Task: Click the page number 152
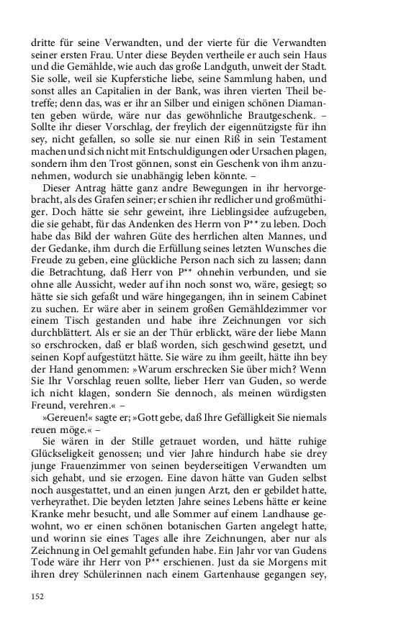point(38,596)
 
